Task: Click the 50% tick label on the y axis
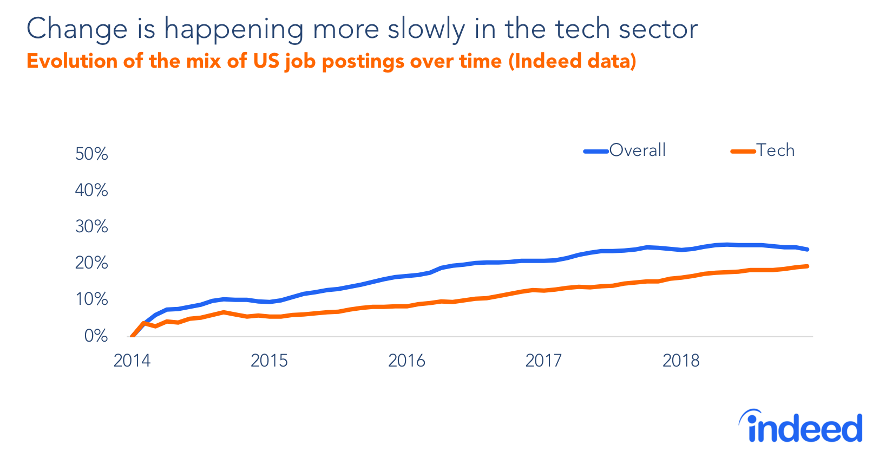coord(91,154)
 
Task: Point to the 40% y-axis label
coord(91,190)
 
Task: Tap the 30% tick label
coord(91,226)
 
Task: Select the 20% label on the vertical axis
coord(91,263)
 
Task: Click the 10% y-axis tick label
coord(91,299)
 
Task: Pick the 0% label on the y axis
coord(96,336)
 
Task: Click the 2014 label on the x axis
coord(132,361)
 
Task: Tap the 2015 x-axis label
coord(269,361)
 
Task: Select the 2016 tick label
coord(406,361)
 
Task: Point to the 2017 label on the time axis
coord(543,361)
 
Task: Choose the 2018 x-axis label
coord(681,361)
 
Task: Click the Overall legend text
coord(637,150)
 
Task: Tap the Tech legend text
coord(775,150)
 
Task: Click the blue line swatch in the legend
coord(596,151)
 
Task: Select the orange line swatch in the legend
coord(743,151)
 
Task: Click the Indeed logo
coord(801,427)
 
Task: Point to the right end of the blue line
coord(807,249)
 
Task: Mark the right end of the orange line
coord(807,266)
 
